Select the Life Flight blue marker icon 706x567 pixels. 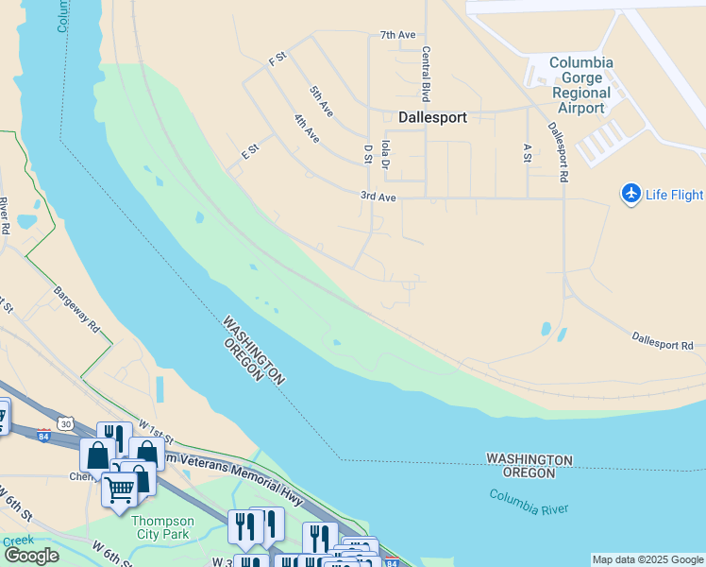coord(631,194)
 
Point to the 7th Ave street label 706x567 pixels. coord(397,35)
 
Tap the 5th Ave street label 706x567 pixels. coord(321,101)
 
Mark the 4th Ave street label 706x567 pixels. coord(306,129)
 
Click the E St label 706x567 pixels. coord(250,150)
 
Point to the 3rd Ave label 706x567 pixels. coord(378,197)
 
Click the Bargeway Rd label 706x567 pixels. coord(76,311)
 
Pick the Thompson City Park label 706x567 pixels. coord(162,527)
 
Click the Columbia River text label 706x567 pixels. coord(529,503)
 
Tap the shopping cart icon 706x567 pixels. coord(119,490)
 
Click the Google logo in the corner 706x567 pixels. coord(31,556)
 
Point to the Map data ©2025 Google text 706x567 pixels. coord(647,559)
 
